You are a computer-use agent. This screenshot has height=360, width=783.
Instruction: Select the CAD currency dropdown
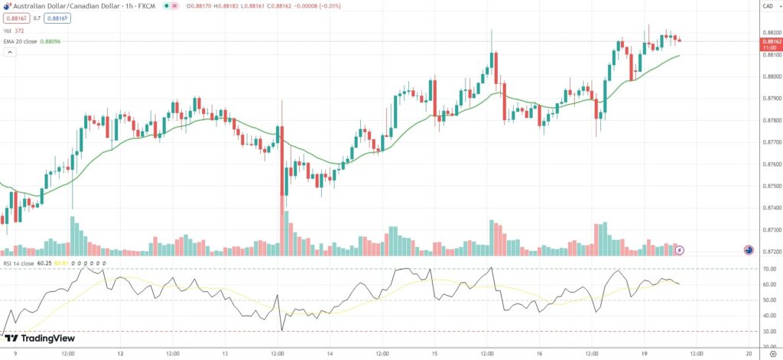767,6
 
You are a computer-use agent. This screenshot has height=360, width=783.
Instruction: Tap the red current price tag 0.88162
770,41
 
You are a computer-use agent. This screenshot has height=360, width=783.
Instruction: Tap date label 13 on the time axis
225,354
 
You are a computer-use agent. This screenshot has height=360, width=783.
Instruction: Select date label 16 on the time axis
540,354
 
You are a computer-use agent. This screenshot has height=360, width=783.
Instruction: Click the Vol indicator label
8,30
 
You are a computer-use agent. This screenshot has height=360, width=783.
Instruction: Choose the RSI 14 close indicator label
18,263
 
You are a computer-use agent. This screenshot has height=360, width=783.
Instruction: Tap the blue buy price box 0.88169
57,18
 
